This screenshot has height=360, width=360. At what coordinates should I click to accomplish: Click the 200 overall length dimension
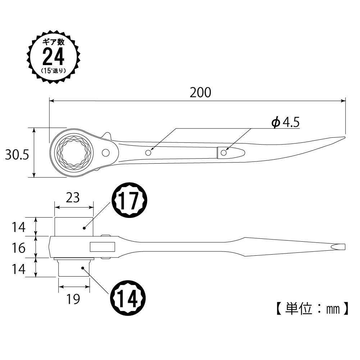pyautogui.click(x=200, y=92)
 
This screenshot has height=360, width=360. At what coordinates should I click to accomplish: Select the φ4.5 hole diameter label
pyautogui.click(x=286, y=123)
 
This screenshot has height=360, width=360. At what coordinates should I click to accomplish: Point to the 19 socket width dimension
pyautogui.click(x=73, y=299)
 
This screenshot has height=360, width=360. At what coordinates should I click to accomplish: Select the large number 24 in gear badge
pyautogui.click(x=53, y=56)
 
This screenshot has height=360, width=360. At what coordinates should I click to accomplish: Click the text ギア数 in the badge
pyautogui.click(x=53, y=42)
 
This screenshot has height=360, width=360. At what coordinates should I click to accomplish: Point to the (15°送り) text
pyautogui.click(x=53, y=70)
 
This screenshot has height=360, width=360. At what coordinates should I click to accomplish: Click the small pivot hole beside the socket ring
pyautogui.click(x=105, y=153)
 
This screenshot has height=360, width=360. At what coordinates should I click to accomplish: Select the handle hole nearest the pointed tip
pyautogui.click(x=224, y=153)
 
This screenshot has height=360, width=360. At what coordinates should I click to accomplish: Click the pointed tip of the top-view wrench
pyautogui.click(x=344, y=137)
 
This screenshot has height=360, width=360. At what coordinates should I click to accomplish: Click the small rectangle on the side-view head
pyautogui.click(x=102, y=247)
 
